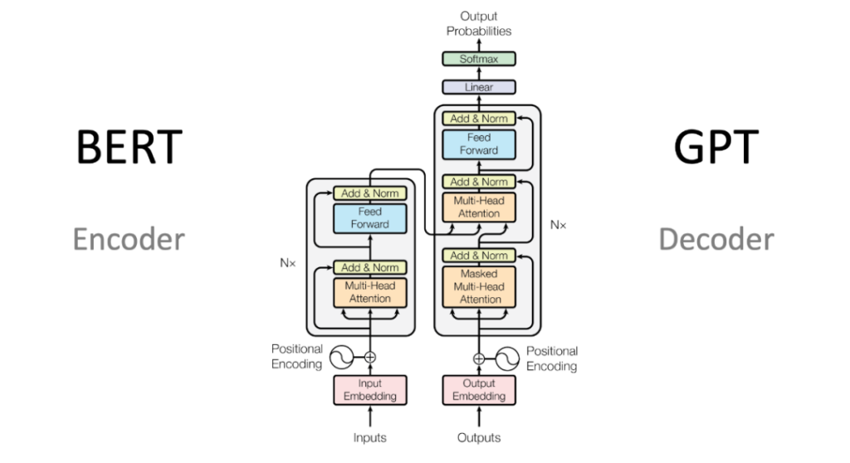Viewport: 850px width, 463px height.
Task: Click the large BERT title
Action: point(129,146)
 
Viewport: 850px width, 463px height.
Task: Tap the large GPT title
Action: point(716,146)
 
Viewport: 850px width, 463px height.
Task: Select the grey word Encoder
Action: point(129,239)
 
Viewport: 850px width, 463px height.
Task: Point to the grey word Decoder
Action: point(716,239)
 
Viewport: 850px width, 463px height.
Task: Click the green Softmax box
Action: point(479,59)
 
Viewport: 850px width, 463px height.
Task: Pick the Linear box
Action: point(479,87)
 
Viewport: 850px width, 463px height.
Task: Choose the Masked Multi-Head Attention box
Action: point(479,287)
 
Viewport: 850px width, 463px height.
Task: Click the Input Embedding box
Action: point(369,390)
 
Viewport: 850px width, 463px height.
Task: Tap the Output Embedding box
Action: point(479,390)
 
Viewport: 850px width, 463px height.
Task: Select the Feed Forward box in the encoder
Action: point(369,218)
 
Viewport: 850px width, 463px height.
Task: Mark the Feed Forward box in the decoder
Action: point(479,144)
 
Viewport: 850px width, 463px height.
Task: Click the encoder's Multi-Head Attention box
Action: point(369,292)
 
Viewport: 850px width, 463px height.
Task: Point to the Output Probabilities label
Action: point(479,24)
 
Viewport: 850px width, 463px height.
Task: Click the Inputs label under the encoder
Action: point(369,437)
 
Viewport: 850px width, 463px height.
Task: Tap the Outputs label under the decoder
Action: point(479,437)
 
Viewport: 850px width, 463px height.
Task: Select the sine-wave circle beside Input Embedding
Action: point(341,358)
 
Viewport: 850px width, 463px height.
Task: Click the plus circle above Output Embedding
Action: point(479,358)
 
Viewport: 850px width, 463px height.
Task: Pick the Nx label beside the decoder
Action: point(558,225)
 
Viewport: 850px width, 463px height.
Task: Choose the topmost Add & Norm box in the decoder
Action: point(479,118)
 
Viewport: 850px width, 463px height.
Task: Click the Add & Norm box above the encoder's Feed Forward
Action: point(369,193)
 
